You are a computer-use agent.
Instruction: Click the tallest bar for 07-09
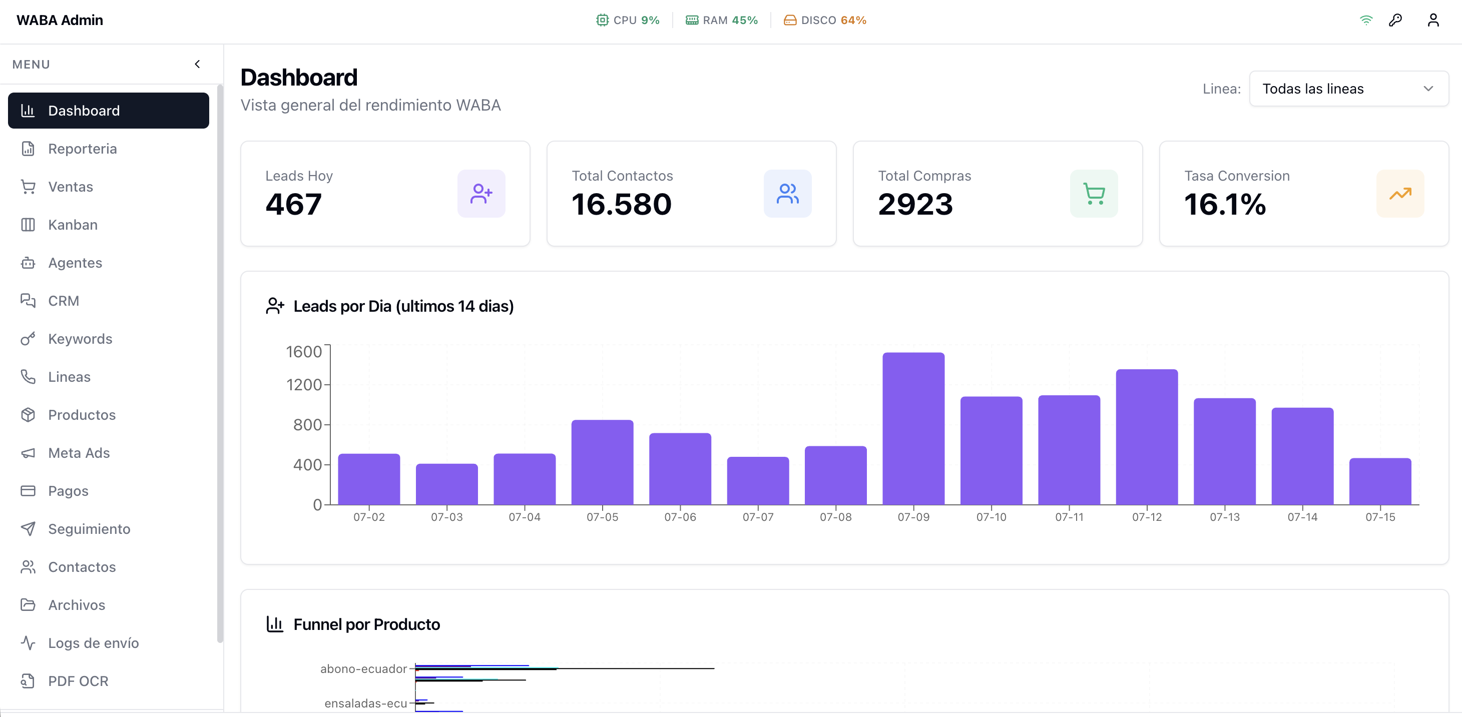[913, 429]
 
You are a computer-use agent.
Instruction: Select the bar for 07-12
[1147, 437]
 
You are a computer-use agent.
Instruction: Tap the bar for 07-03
[446, 484]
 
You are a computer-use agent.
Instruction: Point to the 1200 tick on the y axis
[304, 385]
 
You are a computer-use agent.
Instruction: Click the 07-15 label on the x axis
[1380, 517]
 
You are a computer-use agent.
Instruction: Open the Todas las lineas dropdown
[1348, 89]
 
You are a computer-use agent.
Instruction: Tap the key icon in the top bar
[1395, 21]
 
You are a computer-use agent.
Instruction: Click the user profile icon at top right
[1433, 21]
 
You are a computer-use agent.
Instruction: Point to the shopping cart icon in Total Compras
[1094, 194]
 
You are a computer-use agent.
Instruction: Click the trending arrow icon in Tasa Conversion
[1400, 194]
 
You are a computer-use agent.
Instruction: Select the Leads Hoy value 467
[293, 204]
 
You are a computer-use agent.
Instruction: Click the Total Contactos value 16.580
[622, 204]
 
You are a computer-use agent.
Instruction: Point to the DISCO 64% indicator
[825, 21]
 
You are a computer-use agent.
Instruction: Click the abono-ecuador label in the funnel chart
[363, 669]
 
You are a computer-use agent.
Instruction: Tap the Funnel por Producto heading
[367, 624]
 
